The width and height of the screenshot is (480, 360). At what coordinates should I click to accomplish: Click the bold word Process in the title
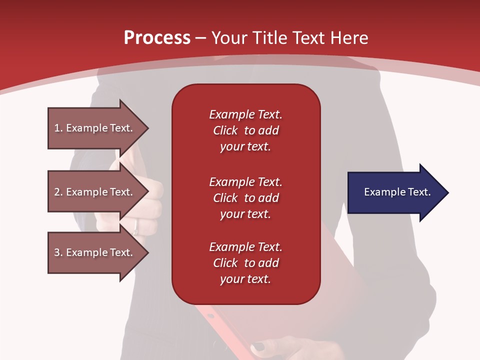point(157,38)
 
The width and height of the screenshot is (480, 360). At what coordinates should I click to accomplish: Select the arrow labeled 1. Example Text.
point(93,128)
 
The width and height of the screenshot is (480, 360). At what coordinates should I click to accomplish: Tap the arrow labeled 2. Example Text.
point(93,192)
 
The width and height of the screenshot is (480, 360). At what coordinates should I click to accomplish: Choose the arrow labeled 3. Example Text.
point(93,252)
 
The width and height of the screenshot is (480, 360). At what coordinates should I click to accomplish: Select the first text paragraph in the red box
point(245,130)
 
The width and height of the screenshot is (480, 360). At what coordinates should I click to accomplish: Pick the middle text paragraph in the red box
point(245,198)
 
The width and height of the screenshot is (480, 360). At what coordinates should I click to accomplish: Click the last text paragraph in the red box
point(245,263)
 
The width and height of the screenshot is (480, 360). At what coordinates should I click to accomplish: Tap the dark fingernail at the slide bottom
point(259,346)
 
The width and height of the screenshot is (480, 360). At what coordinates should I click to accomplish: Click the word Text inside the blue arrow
point(419,192)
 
